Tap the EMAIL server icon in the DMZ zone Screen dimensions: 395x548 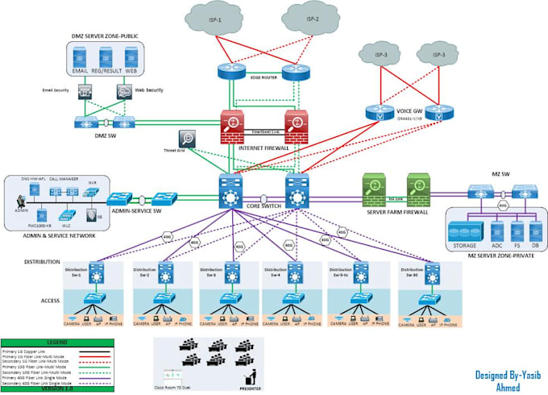(79, 58)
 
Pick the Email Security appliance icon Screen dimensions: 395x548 (84, 93)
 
